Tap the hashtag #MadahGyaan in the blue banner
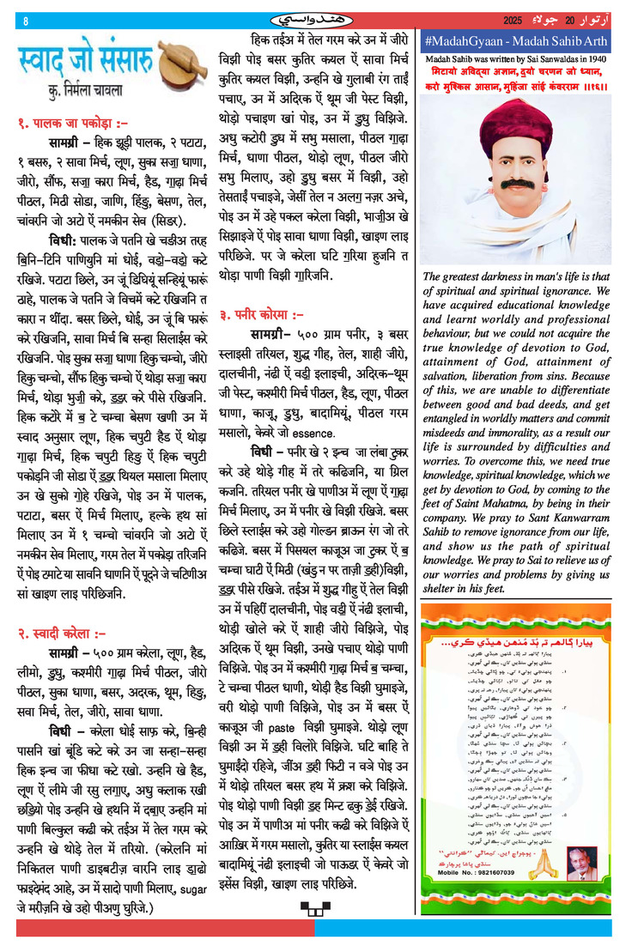464,41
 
